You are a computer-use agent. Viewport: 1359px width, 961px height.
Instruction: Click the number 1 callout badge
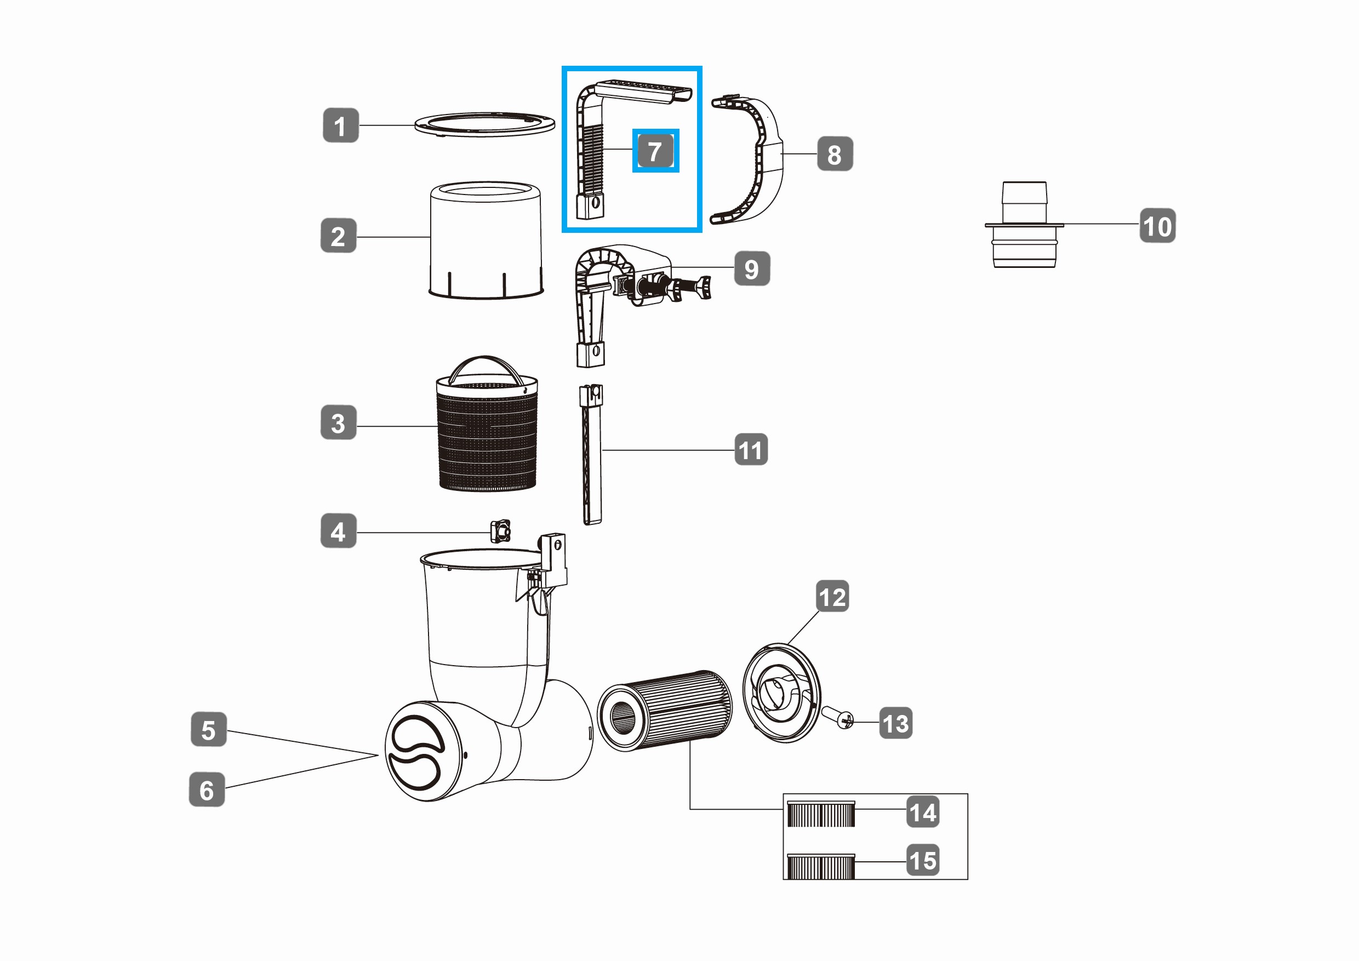point(340,125)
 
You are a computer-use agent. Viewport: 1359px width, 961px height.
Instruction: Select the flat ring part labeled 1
point(485,124)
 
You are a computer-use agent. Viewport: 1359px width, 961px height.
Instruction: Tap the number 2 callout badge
point(338,236)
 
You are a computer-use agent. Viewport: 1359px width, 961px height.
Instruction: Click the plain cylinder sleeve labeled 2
point(486,240)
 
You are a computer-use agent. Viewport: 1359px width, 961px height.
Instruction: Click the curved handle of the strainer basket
point(486,369)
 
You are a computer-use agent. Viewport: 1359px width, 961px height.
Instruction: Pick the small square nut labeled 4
point(500,531)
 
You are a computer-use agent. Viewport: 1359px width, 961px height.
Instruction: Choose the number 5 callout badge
point(208,730)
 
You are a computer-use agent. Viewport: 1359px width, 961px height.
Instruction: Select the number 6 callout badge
point(207,790)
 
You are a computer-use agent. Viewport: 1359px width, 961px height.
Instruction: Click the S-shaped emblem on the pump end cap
point(415,752)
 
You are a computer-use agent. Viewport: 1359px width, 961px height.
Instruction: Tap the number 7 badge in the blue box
point(655,151)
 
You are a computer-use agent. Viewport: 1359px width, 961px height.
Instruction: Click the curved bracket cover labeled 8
point(747,161)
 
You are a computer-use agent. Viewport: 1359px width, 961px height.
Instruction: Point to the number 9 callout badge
point(752,268)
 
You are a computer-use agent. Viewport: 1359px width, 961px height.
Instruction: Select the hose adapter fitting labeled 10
point(1024,225)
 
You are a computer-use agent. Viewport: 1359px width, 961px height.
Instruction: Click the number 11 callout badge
point(751,450)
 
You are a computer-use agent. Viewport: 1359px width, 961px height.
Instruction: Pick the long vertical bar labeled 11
point(592,454)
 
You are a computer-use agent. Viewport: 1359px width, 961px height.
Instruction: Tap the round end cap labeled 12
point(781,693)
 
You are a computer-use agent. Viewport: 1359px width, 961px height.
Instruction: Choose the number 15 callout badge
point(923,860)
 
